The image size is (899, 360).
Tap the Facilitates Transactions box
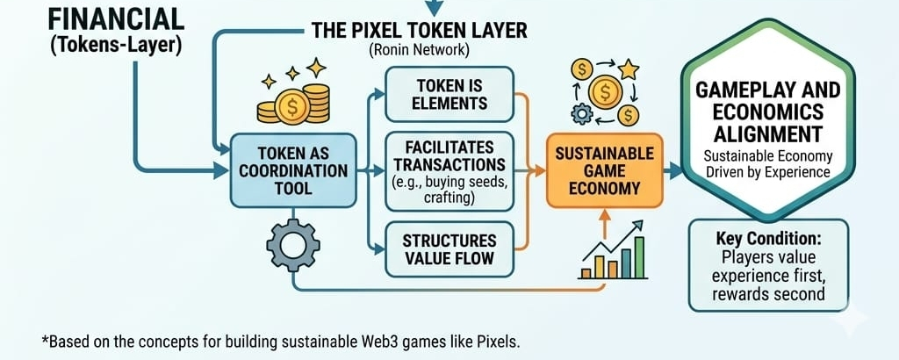[449, 171]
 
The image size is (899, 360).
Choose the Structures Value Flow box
[449, 249]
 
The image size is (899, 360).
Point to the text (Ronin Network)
[419, 51]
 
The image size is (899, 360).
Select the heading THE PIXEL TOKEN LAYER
[419, 31]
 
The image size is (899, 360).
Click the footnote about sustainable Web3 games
[280, 340]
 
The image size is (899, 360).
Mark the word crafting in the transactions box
[449, 199]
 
